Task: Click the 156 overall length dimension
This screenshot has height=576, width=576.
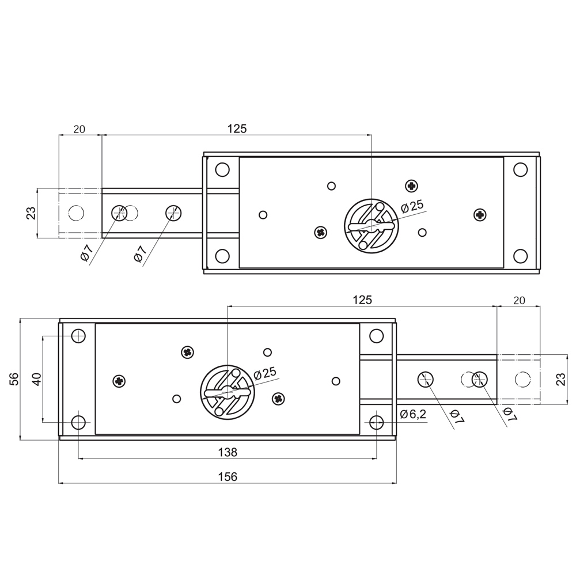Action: click(228, 477)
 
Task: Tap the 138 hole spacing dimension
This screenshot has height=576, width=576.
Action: click(228, 452)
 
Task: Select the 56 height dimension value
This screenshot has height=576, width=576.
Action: click(14, 379)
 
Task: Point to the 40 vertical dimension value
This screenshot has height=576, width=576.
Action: click(37, 379)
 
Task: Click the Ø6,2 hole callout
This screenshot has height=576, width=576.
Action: click(413, 414)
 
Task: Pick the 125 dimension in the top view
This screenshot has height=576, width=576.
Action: click(237, 129)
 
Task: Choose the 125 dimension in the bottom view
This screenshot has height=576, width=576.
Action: click(362, 300)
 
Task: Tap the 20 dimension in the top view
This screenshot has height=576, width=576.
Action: click(79, 129)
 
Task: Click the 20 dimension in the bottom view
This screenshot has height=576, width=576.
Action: click(519, 301)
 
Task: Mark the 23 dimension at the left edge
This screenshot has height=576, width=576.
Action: click(32, 213)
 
